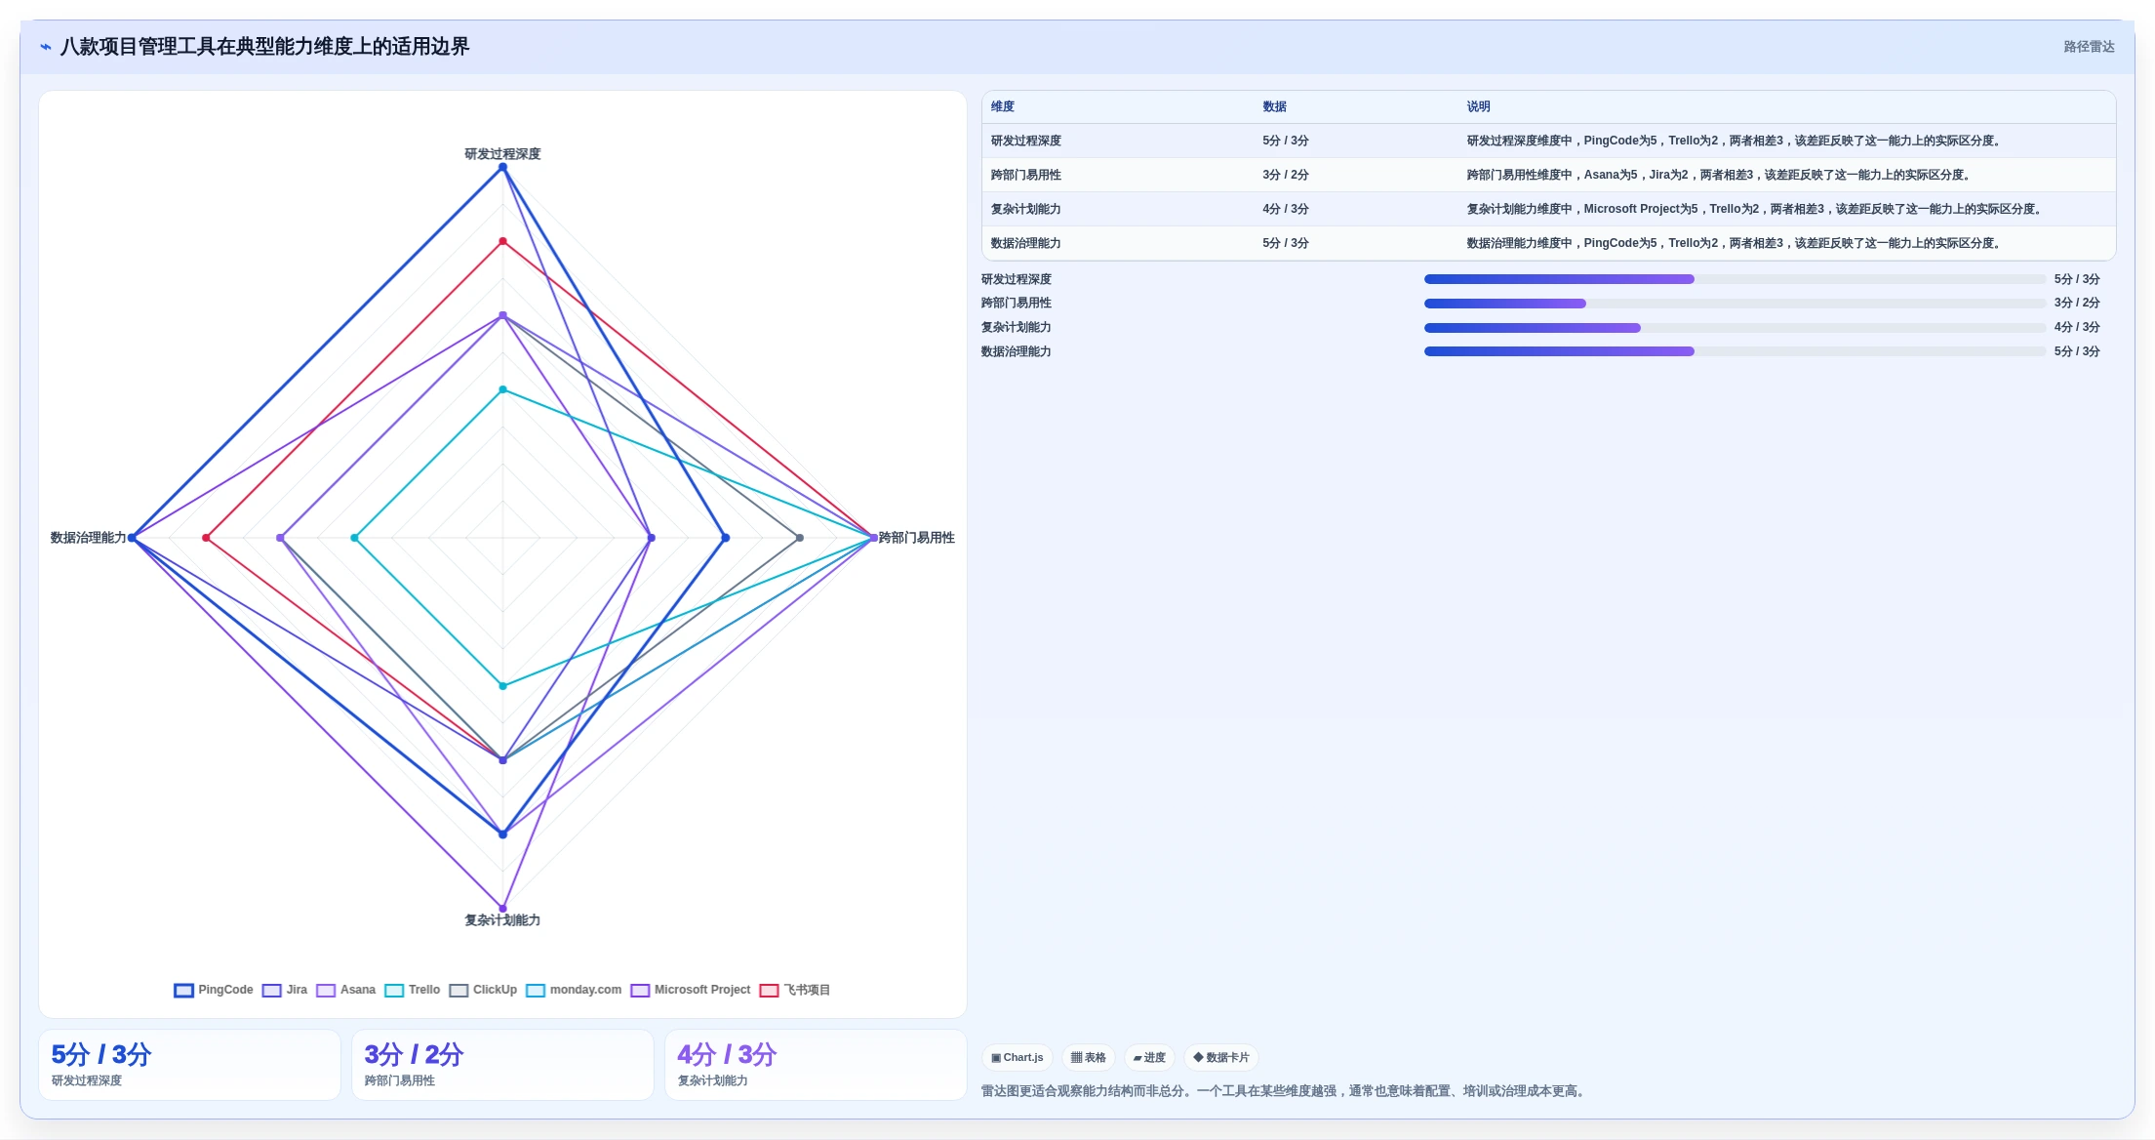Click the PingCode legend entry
(214, 990)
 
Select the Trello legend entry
(413, 990)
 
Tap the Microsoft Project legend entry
(691, 990)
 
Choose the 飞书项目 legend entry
(795, 990)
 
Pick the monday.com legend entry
(574, 990)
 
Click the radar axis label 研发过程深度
(502, 153)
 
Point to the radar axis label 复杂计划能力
(502, 919)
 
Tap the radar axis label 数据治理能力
(89, 538)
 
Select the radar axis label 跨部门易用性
(916, 538)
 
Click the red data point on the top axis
(503, 241)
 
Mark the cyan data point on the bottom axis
(503, 686)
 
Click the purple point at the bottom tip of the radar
(503, 909)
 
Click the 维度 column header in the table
(1003, 106)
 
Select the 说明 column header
(1479, 106)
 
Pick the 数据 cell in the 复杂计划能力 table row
(1286, 209)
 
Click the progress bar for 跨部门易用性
(1736, 304)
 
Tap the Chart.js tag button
(1018, 1057)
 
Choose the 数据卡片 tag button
(1221, 1057)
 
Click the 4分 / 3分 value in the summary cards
(727, 1054)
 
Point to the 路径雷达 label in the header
(2089, 47)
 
